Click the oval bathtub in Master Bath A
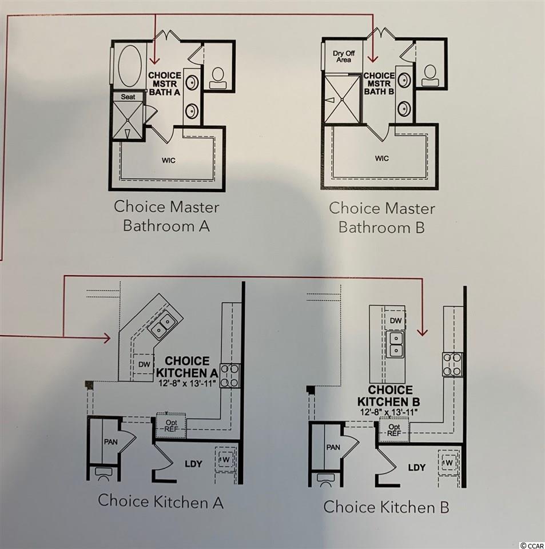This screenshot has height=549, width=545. click(x=130, y=66)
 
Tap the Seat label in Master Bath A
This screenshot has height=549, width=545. click(x=128, y=97)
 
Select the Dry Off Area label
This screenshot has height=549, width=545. click(x=344, y=57)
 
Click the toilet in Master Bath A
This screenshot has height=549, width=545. click(x=218, y=78)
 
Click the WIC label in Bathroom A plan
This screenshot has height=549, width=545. click(x=168, y=160)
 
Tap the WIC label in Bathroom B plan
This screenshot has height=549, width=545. click(x=381, y=158)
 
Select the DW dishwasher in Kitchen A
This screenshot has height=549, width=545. click(x=144, y=364)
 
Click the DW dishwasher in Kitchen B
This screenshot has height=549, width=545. click(x=396, y=320)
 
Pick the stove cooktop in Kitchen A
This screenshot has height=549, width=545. click(x=230, y=376)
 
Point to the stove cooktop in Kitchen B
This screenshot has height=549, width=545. click(x=452, y=364)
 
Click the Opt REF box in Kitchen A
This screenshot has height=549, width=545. click(x=171, y=425)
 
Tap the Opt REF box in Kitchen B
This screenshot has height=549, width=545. click(x=394, y=429)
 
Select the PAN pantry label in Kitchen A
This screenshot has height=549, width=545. click(x=110, y=442)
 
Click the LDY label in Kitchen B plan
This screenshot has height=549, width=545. click(x=416, y=467)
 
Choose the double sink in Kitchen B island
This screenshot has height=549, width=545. click(x=396, y=344)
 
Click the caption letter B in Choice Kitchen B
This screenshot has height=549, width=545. click(x=444, y=507)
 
